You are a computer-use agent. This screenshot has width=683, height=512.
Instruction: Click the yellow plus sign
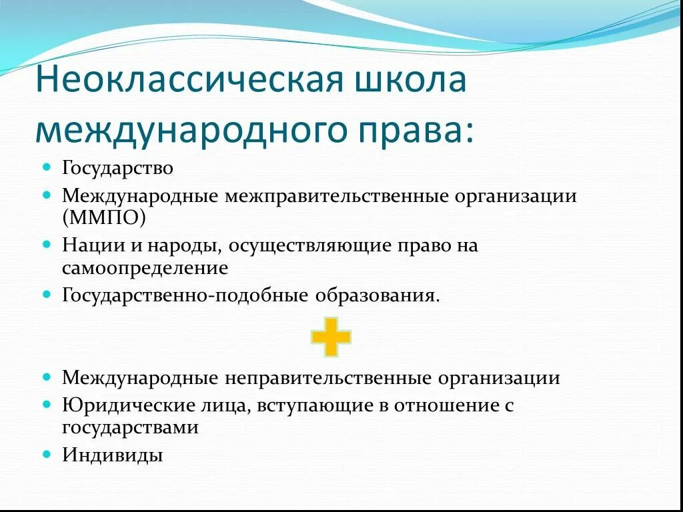[331, 337]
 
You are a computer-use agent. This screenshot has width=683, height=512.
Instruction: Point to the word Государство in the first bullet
[117, 168]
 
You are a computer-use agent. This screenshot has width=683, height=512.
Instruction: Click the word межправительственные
[336, 197]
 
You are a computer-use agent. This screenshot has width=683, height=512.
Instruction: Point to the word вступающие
[315, 405]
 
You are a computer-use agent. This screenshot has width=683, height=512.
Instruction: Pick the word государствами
[130, 427]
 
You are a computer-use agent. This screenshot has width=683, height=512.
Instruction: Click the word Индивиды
[112, 455]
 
